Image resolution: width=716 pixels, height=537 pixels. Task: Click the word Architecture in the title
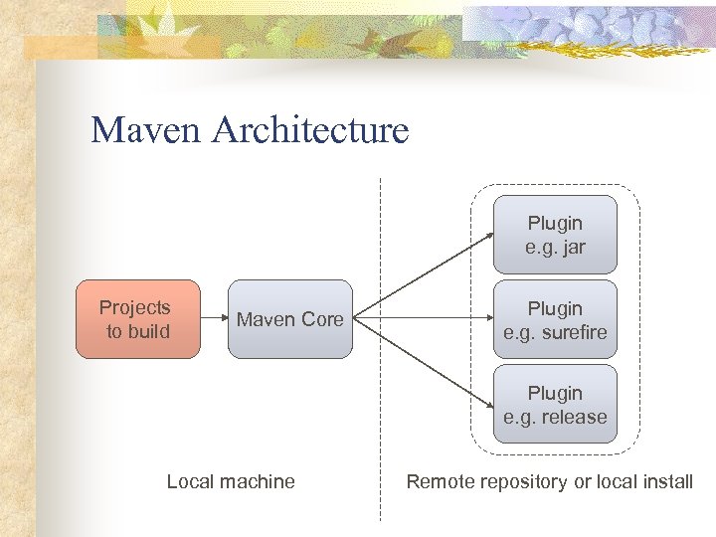[x=309, y=130]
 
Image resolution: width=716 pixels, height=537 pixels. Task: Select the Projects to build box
[x=138, y=319]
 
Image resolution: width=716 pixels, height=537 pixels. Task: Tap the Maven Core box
[x=289, y=319]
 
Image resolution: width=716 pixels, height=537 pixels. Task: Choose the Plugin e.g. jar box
[x=555, y=235]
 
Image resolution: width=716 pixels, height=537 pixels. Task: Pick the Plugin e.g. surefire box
[x=555, y=319]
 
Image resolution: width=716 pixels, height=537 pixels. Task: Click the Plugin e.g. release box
[x=555, y=405]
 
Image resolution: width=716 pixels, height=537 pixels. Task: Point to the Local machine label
[x=231, y=481]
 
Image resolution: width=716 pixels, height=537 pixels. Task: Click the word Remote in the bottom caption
[x=441, y=481]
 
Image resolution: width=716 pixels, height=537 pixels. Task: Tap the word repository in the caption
[x=523, y=482]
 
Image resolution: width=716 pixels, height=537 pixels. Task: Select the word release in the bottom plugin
[x=570, y=417]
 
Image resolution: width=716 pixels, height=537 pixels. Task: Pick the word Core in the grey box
[x=321, y=319]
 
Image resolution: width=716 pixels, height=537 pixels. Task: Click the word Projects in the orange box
[x=135, y=307]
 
